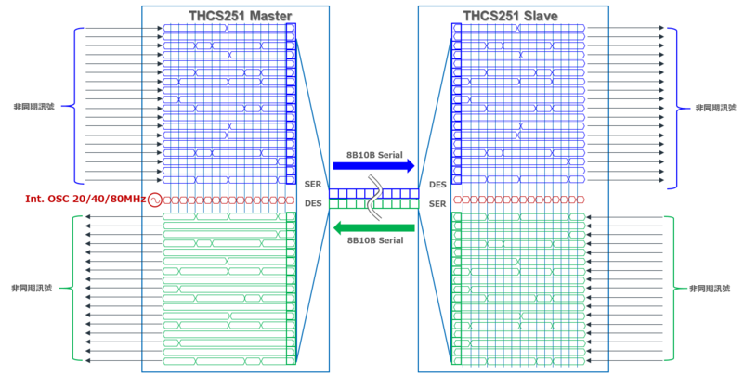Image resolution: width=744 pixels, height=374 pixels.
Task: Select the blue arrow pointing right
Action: [373, 166]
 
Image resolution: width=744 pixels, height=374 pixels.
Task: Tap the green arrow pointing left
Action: [373, 228]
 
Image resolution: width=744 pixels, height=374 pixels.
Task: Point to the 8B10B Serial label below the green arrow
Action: [372, 241]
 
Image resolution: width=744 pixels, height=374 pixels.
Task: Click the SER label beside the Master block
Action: [313, 186]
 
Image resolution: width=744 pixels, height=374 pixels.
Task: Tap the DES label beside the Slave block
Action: [437, 186]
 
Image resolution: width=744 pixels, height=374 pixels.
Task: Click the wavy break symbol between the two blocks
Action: [374, 195]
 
